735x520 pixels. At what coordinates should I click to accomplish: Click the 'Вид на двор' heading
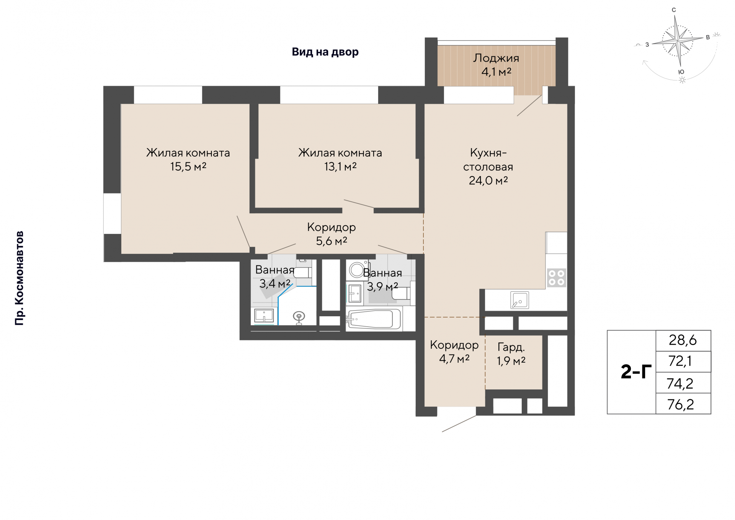(x=325, y=52)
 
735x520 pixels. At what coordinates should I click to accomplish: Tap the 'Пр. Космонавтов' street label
(x=19, y=278)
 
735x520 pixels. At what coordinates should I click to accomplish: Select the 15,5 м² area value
(x=188, y=167)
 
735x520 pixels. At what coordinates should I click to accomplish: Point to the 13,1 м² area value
(x=340, y=167)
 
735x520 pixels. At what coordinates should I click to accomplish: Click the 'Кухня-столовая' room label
(x=488, y=160)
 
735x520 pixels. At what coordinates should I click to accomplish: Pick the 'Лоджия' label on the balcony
(x=496, y=58)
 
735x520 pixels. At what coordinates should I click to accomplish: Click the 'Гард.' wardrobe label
(x=511, y=347)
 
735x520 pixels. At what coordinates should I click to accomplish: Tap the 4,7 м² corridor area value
(x=454, y=359)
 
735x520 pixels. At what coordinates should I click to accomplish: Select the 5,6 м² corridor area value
(x=332, y=241)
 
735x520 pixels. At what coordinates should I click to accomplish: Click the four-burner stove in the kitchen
(x=556, y=278)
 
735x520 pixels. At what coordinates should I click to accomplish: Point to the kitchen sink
(x=519, y=300)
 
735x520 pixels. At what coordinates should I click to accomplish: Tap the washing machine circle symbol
(x=356, y=270)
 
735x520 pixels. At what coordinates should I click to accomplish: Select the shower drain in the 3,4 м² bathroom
(x=299, y=316)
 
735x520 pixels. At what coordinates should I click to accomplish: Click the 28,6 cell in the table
(x=683, y=340)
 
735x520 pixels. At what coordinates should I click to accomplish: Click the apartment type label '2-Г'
(x=636, y=372)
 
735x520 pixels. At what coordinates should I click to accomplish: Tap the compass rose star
(x=678, y=40)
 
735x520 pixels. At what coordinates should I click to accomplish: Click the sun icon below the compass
(x=682, y=80)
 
